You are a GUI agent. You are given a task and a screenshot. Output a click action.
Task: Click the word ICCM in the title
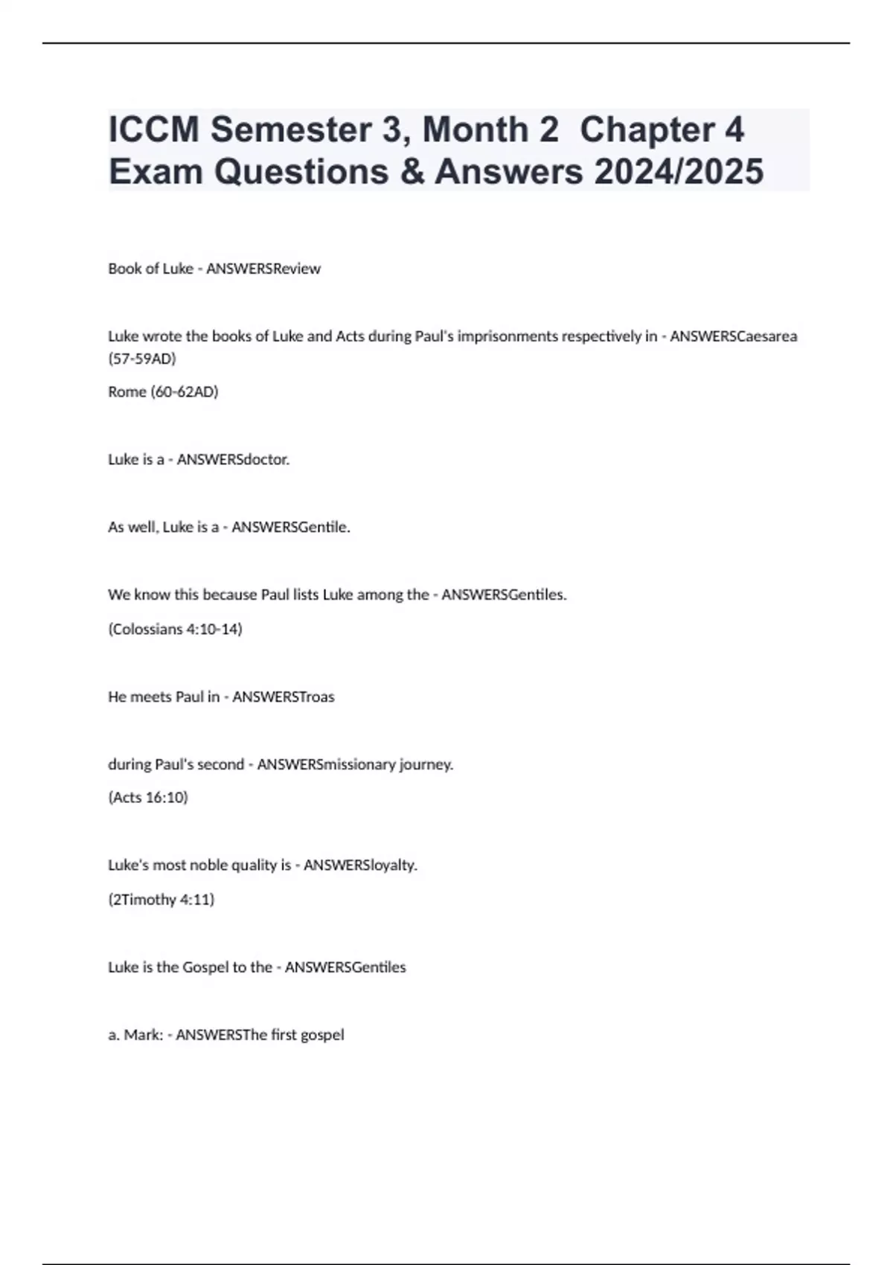tap(153, 129)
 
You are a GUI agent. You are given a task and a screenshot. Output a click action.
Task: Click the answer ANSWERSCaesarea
tap(733, 336)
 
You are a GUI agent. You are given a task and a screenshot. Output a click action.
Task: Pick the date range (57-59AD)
tap(142, 359)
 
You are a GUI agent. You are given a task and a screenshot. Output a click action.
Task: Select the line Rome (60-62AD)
tap(163, 392)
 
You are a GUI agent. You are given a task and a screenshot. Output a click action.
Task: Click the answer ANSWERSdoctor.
tap(233, 460)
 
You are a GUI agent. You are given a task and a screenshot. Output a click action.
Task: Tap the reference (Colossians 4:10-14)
tap(175, 630)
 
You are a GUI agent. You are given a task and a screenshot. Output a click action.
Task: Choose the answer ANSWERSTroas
tap(283, 697)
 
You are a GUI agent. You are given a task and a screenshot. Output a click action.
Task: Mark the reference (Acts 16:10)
tap(148, 798)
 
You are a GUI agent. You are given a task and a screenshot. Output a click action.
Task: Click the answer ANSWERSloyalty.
tap(360, 865)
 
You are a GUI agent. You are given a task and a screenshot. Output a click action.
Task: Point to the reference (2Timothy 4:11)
tap(161, 900)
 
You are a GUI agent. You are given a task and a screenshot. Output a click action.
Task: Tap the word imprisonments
tap(508, 336)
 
